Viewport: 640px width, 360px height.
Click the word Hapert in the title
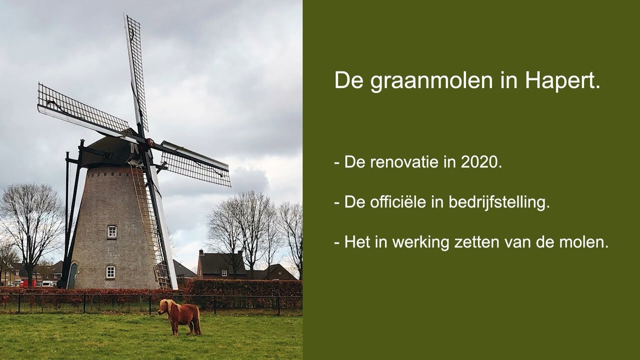pyautogui.click(x=562, y=81)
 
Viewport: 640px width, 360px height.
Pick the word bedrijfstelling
pyautogui.click(x=499, y=202)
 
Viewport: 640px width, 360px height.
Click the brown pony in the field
pyautogui.click(x=180, y=316)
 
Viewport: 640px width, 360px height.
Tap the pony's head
pyautogui.click(x=164, y=307)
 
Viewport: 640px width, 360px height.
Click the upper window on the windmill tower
pyautogui.click(x=111, y=231)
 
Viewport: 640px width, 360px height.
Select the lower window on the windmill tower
pyautogui.click(x=110, y=271)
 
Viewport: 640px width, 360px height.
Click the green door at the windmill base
pyautogui.click(x=72, y=275)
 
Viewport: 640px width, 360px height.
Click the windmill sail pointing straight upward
pyautogui.click(x=136, y=73)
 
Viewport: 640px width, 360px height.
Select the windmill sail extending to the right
pyautogui.click(x=195, y=163)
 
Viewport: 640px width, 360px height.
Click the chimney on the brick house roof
pyautogui.click(x=201, y=252)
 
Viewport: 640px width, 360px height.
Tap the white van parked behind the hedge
pyautogui.click(x=47, y=283)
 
